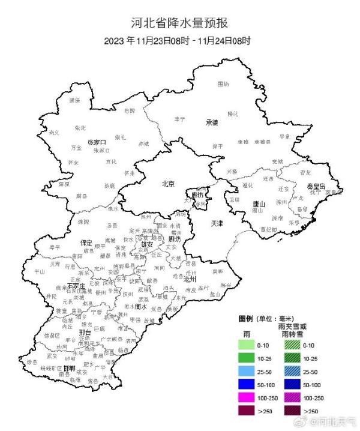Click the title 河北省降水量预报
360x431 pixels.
[x=180, y=23]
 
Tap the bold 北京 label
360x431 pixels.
[x=169, y=184]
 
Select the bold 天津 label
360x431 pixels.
[x=217, y=223]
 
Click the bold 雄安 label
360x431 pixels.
[x=147, y=244]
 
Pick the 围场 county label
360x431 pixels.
[x=223, y=84]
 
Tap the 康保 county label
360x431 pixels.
[x=74, y=100]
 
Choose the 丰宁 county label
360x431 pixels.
[x=180, y=119]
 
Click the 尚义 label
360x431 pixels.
[x=54, y=132]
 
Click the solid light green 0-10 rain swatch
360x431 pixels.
[x=247, y=345]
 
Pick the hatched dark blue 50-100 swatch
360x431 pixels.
[x=291, y=384]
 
